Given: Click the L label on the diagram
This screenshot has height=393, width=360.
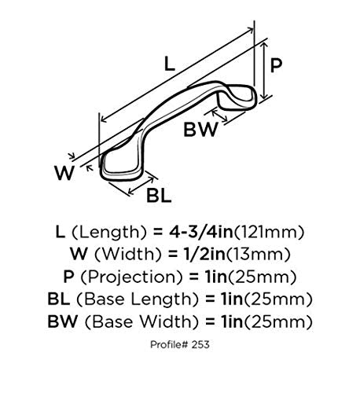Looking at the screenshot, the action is click(x=170, y=64).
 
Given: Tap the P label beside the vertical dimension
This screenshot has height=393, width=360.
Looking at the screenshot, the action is click(x=276, y=65).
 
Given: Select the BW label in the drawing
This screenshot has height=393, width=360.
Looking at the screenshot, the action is click(x=200, y=130).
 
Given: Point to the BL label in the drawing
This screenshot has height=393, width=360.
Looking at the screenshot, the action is click(x=159, y=196).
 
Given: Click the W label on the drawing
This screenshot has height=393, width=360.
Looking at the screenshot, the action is click(x=64, y=173).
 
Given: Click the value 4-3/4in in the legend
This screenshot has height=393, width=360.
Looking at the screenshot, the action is click(x=200, y=232).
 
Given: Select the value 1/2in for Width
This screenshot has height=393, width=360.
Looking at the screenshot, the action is click(x=203, y=254).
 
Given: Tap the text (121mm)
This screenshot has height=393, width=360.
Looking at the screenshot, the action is click(x=269, y=233).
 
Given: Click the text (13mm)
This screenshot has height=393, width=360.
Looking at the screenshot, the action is click(x=258, y=255).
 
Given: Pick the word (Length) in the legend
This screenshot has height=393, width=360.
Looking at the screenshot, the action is click(x=108, y=233).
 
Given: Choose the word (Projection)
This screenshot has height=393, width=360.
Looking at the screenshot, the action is click(x=131, y=277).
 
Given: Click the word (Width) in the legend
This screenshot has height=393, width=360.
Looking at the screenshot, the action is click(x=128, y=255).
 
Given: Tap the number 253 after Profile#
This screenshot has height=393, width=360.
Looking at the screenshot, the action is click(x=200, y=344).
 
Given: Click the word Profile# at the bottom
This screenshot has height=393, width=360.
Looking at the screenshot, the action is click(x=170, y=344).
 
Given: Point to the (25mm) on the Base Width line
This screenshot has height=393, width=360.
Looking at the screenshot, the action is click(x=278, y=321).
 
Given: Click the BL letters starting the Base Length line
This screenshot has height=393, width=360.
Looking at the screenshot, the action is click(x=59, y=299).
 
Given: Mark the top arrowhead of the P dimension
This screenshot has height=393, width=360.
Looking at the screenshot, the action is click(x=265, y=46).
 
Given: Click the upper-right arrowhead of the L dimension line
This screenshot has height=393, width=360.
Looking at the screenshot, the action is click(x=250, y=30).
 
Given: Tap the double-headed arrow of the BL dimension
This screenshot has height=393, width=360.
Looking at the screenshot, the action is click(x=141, y=186).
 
